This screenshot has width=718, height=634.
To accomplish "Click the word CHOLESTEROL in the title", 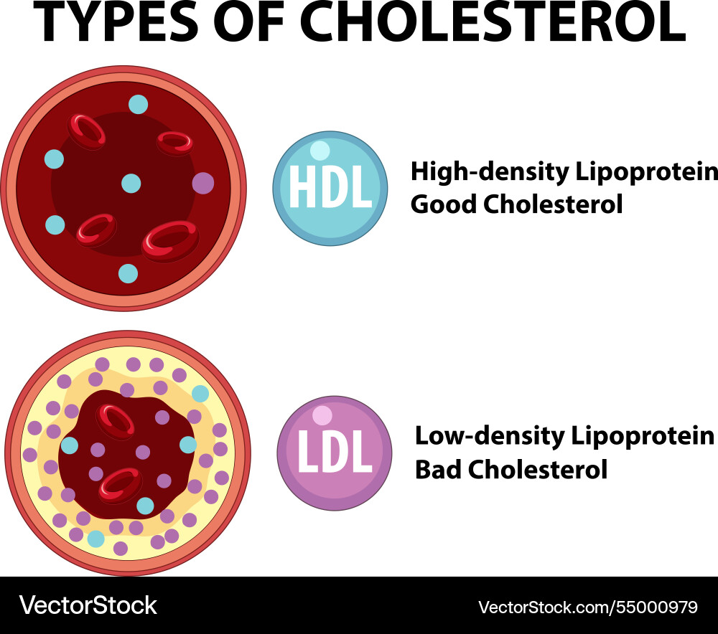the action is [x=493, y=22].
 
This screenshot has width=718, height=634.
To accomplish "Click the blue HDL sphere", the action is [x=330, y=189].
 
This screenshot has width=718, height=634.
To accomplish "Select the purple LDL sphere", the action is [x=335, y=453].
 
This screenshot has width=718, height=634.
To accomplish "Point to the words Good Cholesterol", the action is [x=516, y=204].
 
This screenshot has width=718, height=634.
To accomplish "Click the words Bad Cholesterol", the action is [x=511, y=469].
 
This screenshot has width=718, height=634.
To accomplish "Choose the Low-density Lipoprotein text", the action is [x=564, y=437].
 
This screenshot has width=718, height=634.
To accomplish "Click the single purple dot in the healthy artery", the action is [x=203, y=183].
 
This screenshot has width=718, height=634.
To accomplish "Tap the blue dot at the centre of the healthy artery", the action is [x=131, y=183].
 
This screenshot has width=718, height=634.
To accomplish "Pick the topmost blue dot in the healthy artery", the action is [x=139, y=104].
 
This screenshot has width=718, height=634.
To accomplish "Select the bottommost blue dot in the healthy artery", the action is [x=129, y=273].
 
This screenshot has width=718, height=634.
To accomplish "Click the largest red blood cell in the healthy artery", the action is [x=170, y=241].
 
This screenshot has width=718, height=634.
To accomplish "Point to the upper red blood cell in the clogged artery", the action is [x=115, y=422].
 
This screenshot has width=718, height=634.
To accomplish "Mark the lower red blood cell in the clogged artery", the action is [x=121, y=486].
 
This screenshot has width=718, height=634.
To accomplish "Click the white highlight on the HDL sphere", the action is [x=320, y=151].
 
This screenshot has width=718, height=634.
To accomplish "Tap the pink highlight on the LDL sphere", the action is [x=322, y=415].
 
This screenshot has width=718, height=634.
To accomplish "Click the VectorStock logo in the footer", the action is [x=88, y=605].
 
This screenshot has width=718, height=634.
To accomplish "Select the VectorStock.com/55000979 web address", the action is [x=588, y=607].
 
